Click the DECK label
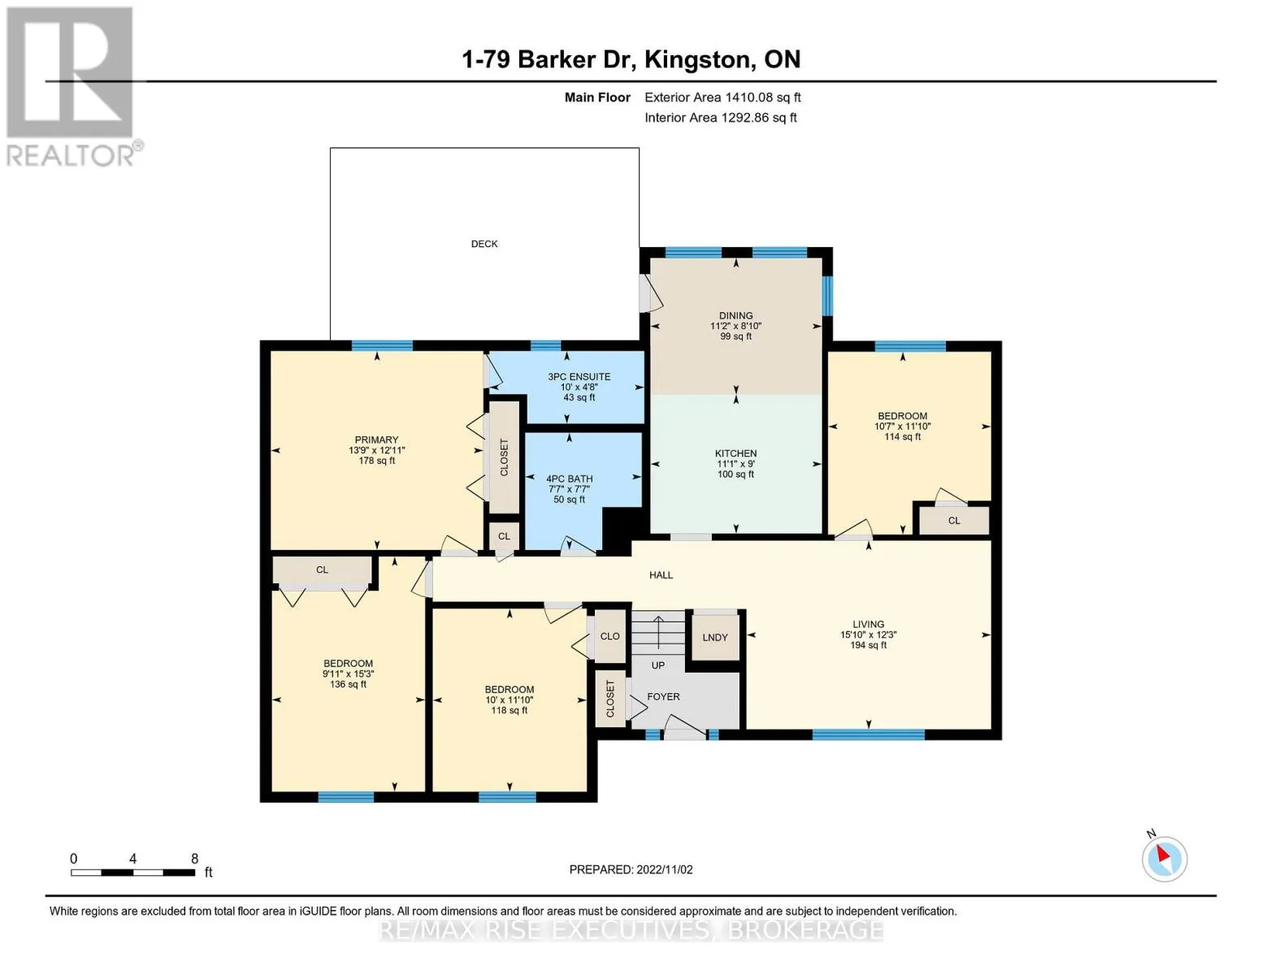coord(484,244)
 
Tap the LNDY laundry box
coord(714,637)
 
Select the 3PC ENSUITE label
coord(579,376)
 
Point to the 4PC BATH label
coord(569,479)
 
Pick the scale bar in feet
coord(133,873)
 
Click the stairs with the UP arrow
coord(658,632)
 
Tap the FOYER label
coord(663,696)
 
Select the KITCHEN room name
coord(735,453)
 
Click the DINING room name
coord(735,315)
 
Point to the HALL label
coord(661,575)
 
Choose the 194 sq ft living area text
coord(868,644)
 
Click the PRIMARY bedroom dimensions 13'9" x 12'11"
coord(376,450)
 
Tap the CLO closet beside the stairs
coord(609,636)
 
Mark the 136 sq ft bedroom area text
coord(348,684)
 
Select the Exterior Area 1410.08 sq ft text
coord(722,97)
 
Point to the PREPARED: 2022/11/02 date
coord(631,869)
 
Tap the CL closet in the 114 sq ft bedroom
coord(954,520)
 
